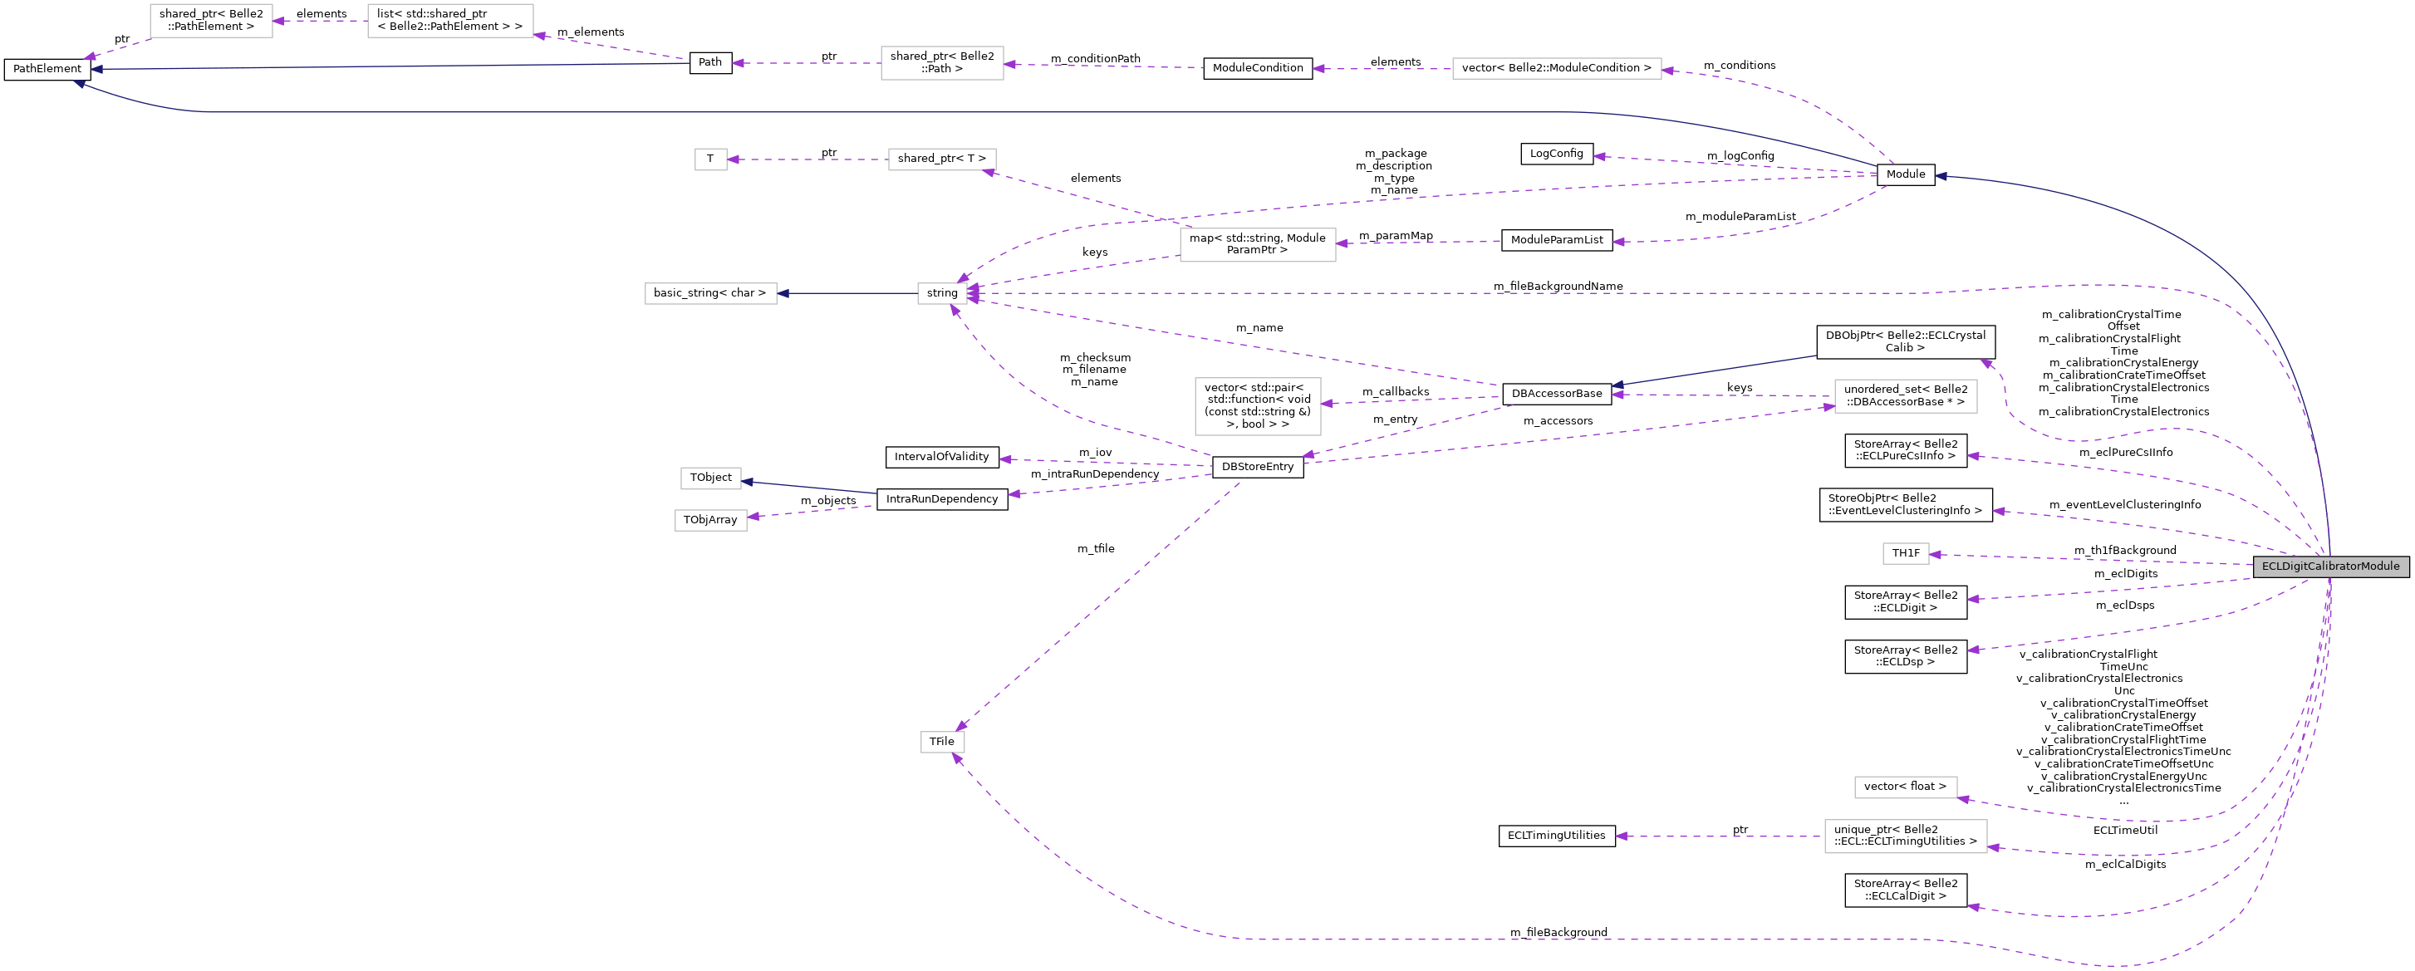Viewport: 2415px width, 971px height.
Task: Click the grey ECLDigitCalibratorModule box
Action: click(2329, 566)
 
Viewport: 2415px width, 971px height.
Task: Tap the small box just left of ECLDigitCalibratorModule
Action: click(1905, 554)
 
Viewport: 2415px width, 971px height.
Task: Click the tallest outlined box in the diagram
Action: click(1257, 406)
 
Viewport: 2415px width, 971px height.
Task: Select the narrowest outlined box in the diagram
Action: click(710, 159)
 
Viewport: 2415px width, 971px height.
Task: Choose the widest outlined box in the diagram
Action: click(1556, 68)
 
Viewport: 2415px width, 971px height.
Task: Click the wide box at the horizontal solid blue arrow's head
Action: click(710, 293)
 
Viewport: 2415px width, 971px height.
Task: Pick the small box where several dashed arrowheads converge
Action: click(942, 293)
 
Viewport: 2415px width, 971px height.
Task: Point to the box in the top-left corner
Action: click(211, 21)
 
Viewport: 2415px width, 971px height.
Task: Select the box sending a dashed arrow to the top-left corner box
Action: click(450, 21)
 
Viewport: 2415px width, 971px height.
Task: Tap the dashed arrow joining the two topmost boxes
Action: click(320, 21)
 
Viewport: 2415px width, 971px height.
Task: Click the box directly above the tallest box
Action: click(1257, 245)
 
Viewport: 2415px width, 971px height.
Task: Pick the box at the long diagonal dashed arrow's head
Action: click(942, 743)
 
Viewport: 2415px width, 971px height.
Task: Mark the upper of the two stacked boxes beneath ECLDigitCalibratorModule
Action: click(1905, 787)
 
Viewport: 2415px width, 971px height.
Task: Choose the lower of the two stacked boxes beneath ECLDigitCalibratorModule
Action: click(1905, 836)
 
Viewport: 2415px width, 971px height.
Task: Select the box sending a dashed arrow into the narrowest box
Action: click(941, 159)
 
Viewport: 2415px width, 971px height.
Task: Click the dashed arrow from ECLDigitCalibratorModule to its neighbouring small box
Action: click(2091, 560)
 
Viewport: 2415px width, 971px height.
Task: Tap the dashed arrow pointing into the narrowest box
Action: click(807, 159)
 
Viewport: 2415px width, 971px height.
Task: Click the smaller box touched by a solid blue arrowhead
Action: click(710, 478)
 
